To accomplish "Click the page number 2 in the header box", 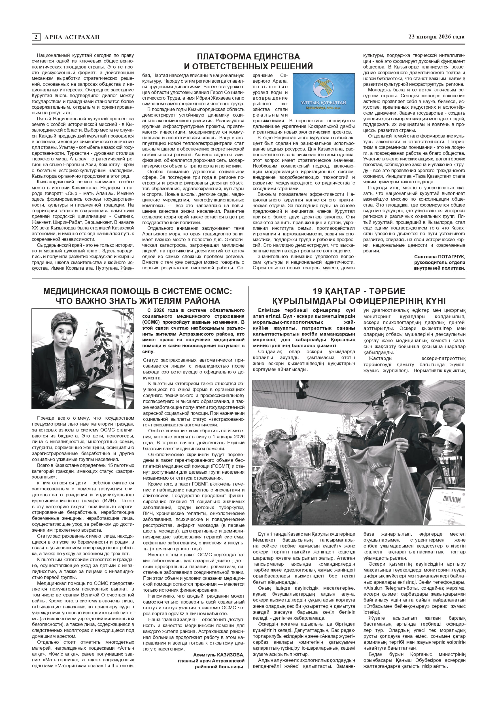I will click(x=36, y=37).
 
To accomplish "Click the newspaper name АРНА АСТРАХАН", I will click(x=72, y=37).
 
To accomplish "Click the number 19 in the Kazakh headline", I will click(x=318, y=291).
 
